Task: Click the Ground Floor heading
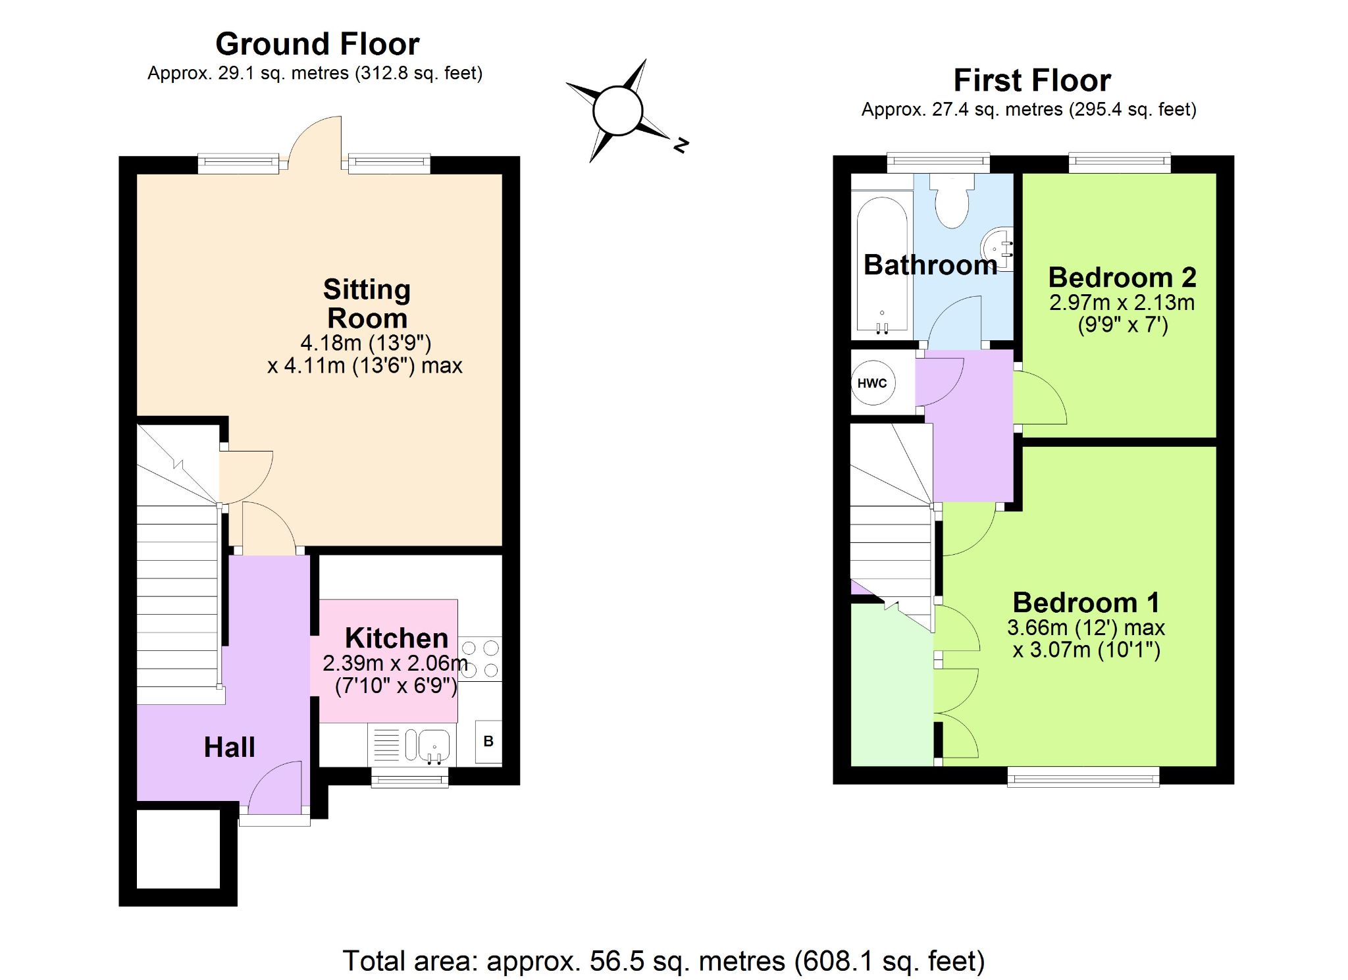[317, 45]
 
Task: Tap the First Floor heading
[1031, 81]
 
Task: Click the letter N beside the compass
[681, 145]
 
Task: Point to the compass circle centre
[617, 111]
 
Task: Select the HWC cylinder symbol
[872, 383]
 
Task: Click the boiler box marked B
[488, 741]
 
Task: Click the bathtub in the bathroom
[881, 263]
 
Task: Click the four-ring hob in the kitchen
[480, 659]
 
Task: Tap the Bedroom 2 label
[1122, 277]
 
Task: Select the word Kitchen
[396, 638]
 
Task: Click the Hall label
[229, 747]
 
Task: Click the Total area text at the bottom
[663, 961]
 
